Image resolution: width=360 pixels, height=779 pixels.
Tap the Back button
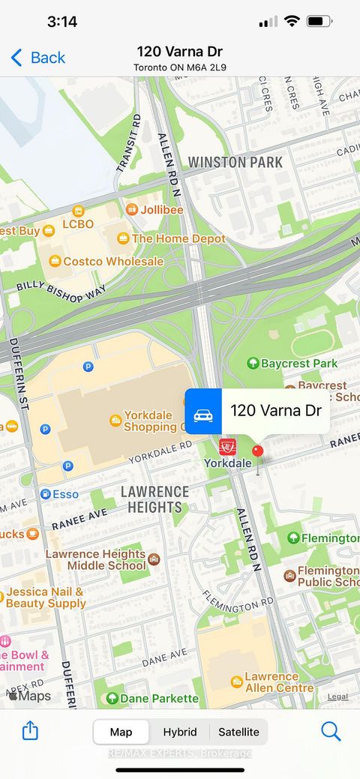(37, 58)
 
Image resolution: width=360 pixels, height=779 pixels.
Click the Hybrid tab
(180, 732)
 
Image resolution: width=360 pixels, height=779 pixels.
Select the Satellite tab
(238, 732)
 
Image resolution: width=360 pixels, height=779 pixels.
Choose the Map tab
(121, 732)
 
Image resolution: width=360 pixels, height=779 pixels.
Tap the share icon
(30, 730)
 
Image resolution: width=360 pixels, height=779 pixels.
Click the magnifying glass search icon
(331, 731)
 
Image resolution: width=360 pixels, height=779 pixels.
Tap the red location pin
(257, 452)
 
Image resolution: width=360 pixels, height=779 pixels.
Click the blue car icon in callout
(203, 411)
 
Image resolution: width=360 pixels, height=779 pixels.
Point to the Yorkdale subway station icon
(226, 447)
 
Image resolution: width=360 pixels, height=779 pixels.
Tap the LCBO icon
(78, 211)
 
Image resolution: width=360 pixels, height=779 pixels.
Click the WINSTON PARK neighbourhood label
(235, 162)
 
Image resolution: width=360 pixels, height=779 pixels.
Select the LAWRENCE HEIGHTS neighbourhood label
(155, 499)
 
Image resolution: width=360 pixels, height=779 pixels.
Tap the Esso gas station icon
(45, 494)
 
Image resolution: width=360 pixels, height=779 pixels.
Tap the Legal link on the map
(337, 697)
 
